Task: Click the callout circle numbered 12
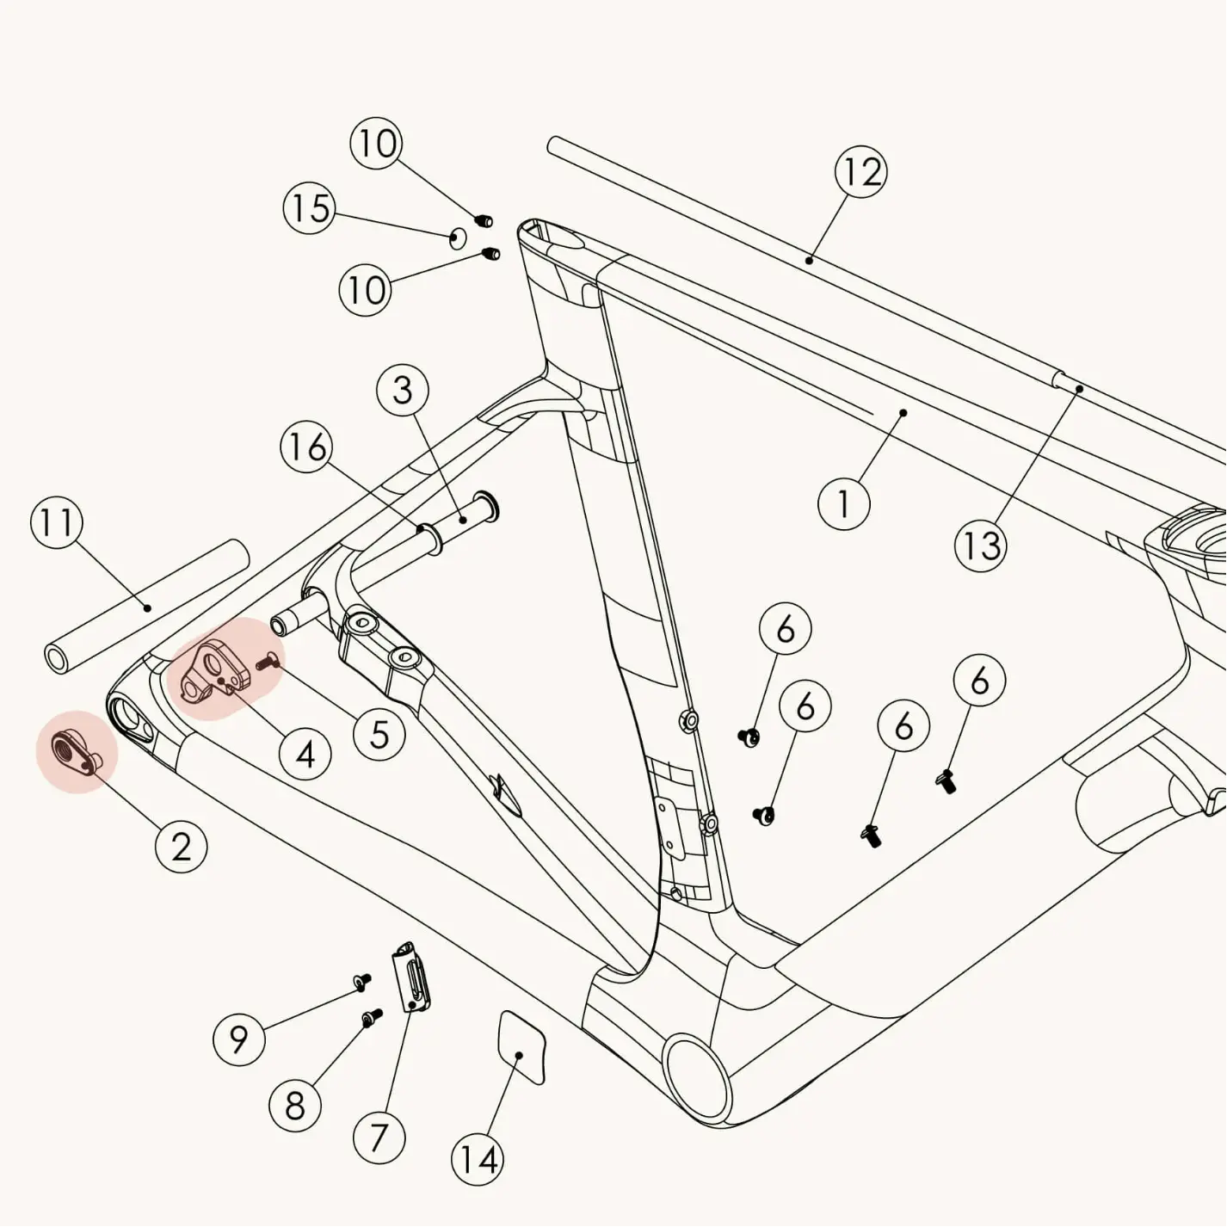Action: click(x=861, y=172)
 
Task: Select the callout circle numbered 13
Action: click(x=980, y=546)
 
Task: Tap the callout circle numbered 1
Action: click(x=843, y=503)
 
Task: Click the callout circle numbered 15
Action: click(x=310, y=208)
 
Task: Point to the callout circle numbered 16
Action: click(x=307, y=447)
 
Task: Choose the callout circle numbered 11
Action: click(x=57, y=523)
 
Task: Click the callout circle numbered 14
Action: click(x=478, y=1160)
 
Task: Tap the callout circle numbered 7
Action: click(x=379, y=1138)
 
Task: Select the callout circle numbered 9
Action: click(x=238, y=1039)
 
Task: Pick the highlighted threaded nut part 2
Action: click(x=74, y=749)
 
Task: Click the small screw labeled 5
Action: click(x=268, y=662)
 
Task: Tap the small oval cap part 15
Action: click(x=459, y=237)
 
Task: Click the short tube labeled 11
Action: click(x=146, y=607)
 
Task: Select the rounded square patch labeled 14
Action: click(x=521, y=1046)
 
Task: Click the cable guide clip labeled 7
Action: click(x=412, y=977)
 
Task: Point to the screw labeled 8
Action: click(x=372, y=1019)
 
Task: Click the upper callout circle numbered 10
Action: click(x=376, y=144)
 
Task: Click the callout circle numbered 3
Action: click(x=403, y=391)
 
